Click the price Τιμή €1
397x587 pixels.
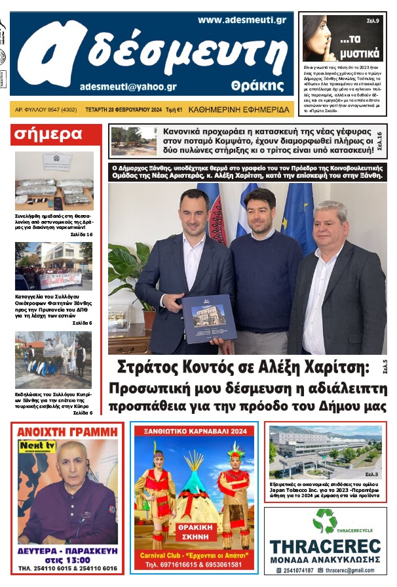pyautogui.click(x=173, y=109)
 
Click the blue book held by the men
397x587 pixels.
pyautogui.click(x=209, y=318)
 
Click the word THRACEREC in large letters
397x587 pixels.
pyautogui.click(x=325, y=546)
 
